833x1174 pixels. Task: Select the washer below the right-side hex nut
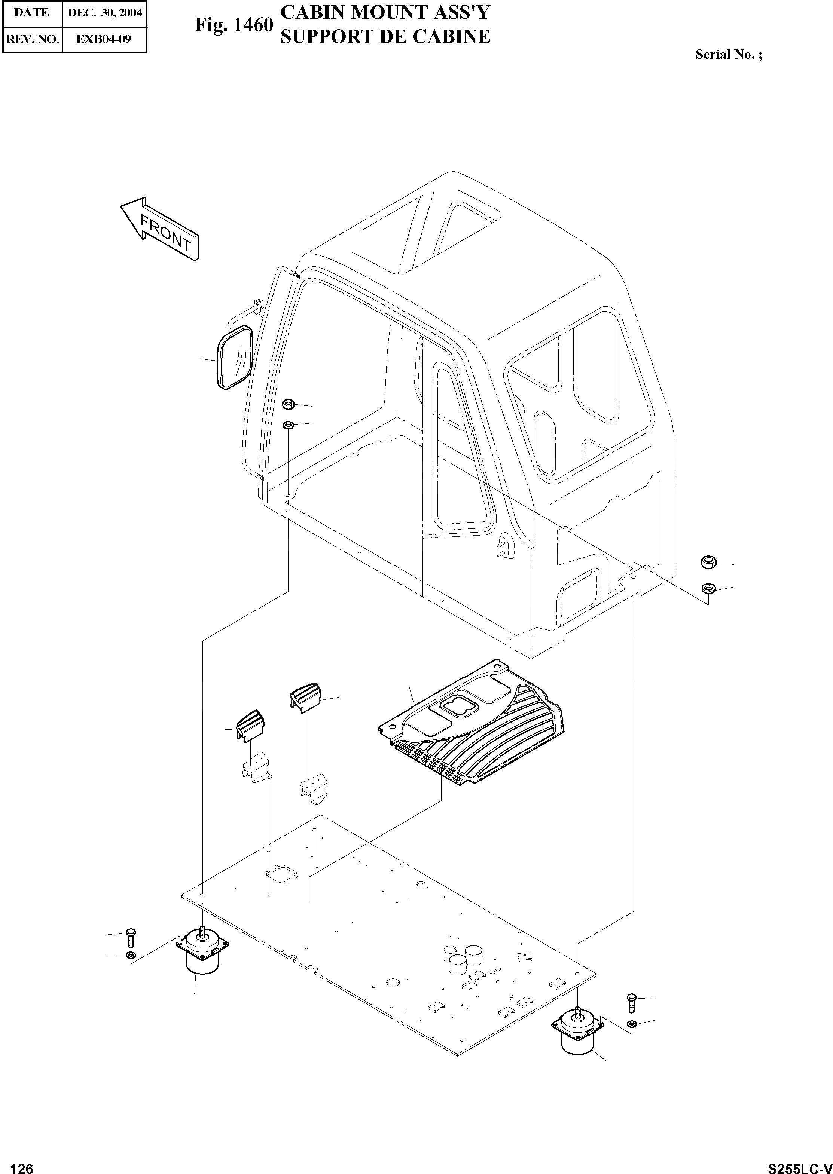(x=708, y=587)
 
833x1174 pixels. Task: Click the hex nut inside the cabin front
(x=288, y=405)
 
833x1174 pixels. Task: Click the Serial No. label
(x=728, y=54)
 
